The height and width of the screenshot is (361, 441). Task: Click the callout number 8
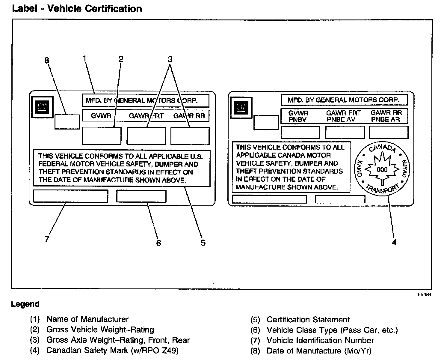(46, 61)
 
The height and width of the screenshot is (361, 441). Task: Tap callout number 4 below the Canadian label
(394, 242)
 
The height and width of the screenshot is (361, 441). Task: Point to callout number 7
(47, 239)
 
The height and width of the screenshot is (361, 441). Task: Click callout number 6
(158, 243)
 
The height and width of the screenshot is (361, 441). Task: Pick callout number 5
(203, 243)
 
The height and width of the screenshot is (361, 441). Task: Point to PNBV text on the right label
(297, 119)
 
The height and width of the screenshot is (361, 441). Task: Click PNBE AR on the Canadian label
(386, 119)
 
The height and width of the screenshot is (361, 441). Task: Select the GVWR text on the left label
(101, 116)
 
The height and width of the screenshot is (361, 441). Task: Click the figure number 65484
(425, 294)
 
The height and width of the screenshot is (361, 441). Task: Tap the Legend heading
(25, 304)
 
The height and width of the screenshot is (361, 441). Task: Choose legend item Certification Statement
(308, 320)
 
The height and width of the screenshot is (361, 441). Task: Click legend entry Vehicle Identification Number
(320, 340)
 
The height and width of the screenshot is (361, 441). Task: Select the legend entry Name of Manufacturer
(87, 319)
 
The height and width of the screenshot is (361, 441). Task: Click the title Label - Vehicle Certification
(77, 8)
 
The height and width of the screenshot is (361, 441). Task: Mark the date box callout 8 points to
(67, 121)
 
